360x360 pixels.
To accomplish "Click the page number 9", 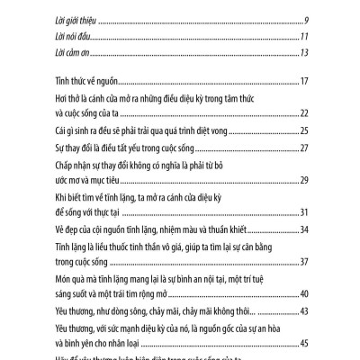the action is click(x=308, y=21).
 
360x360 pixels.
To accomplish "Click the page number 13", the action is click(x=306, y=51).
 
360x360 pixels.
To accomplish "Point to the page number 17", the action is click(x=306, y=82).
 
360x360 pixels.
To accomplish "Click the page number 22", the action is click(x=305, y=113).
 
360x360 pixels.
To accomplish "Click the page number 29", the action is click(x=305, y=180).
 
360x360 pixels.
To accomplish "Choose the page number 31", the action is click(x=305, y=211).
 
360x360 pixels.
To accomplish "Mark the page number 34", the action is click(x=305, y=228).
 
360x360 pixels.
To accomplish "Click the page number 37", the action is click(x=305, y=262).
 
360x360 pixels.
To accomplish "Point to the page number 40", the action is click(x=305, y=293).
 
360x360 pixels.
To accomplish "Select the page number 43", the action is click(x=305, y=310).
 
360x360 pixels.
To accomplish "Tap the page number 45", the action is click(x=305, y=343).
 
